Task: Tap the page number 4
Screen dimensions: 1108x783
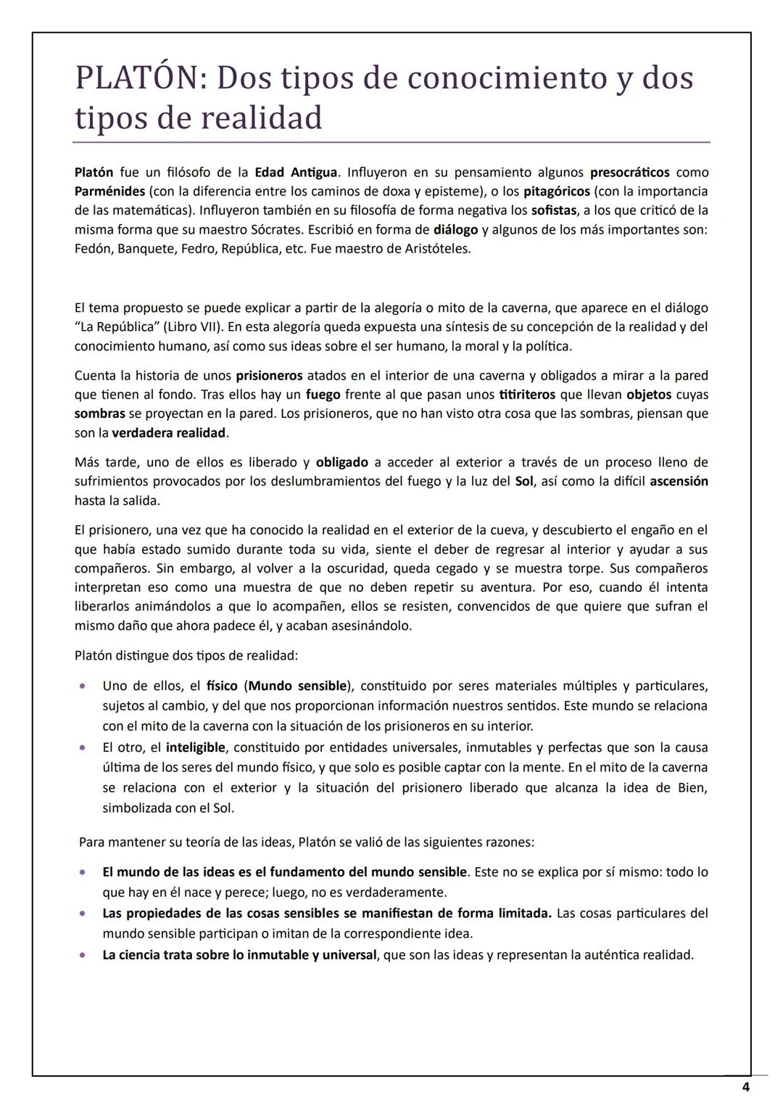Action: [745, 1086]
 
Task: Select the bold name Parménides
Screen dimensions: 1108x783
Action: [109, 192]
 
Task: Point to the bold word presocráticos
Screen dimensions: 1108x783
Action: [629, 173]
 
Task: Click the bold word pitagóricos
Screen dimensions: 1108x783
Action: [556, 192]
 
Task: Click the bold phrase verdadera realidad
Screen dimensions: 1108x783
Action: [169, 433]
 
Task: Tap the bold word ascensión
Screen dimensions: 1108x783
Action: [679, 481]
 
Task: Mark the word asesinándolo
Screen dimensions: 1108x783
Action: [371, 625]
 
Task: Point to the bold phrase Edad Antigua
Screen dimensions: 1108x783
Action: [296, 173]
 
